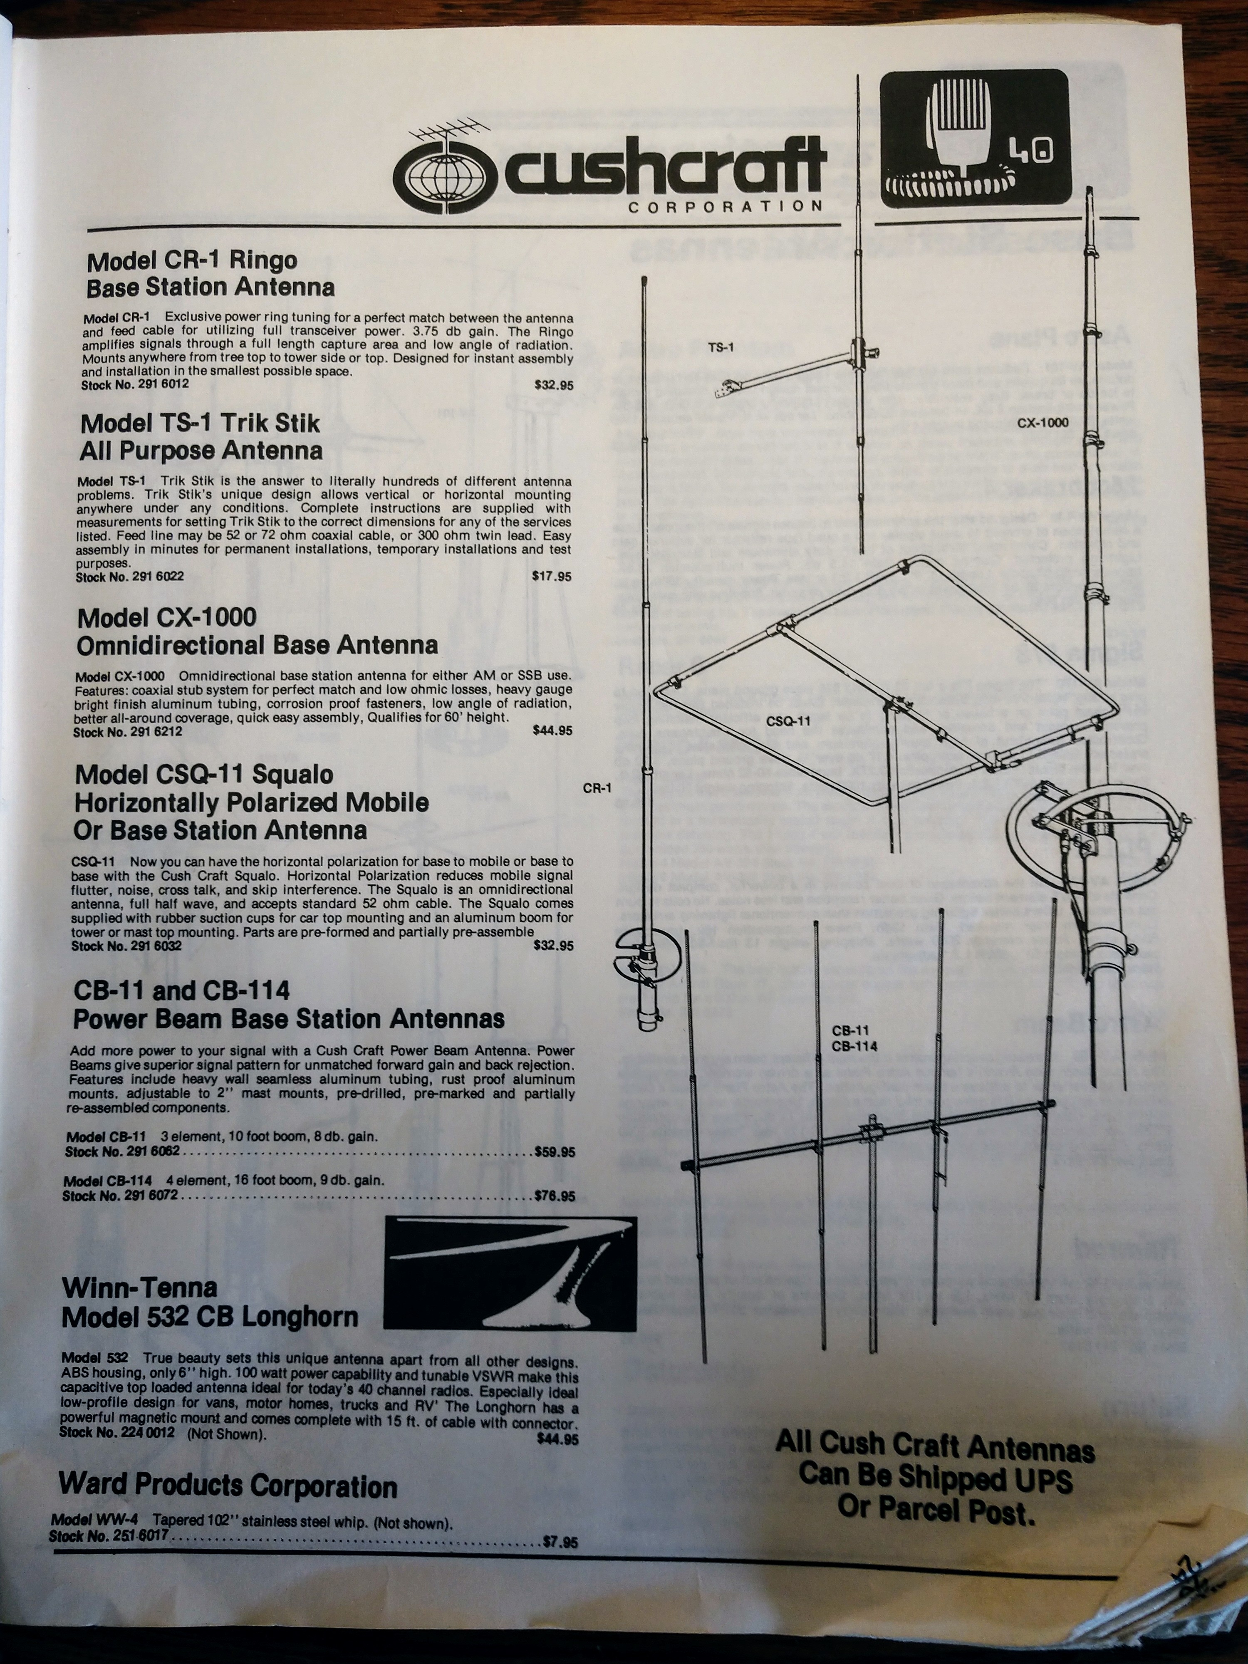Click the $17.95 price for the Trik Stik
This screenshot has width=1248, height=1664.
coord(551,577)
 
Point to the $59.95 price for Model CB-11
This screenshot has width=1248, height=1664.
coord(555,1152)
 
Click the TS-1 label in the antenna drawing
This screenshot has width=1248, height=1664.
coord(721,347)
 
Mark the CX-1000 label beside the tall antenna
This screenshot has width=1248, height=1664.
coord(1042,423)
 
